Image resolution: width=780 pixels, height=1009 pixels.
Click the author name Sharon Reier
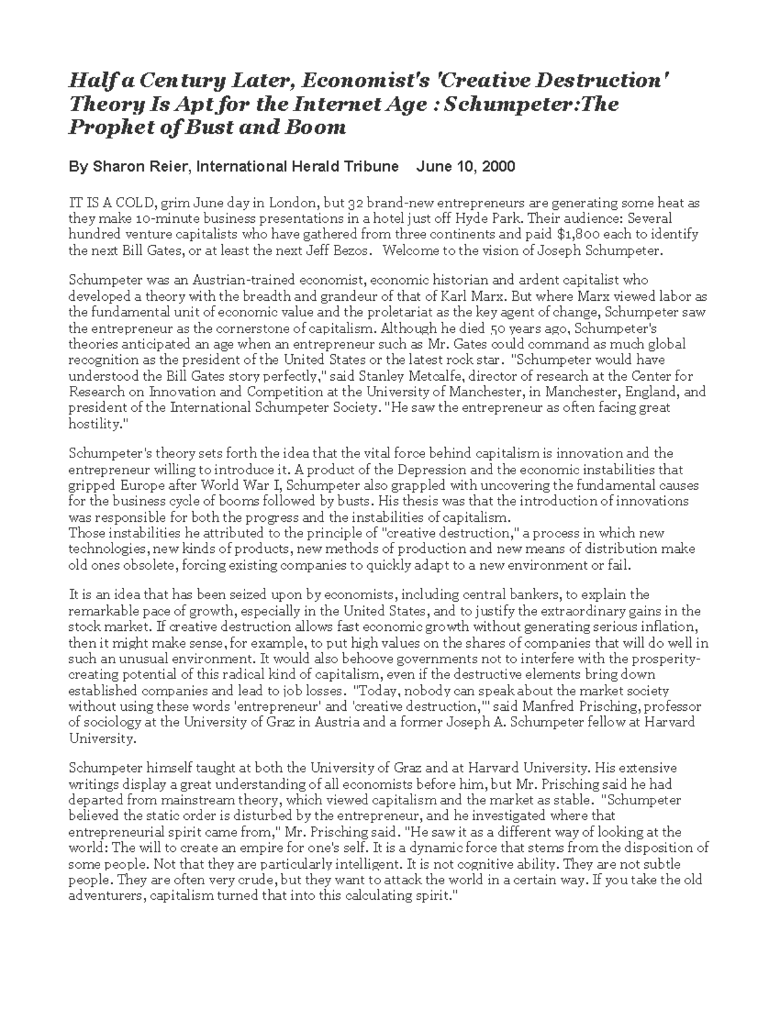pos(141,167)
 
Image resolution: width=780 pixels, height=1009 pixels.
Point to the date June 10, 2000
pos(465,167)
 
